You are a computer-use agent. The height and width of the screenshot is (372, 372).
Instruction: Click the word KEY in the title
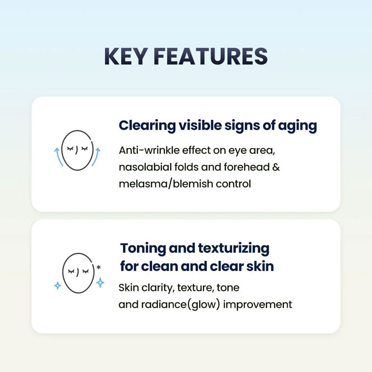click(125, 56)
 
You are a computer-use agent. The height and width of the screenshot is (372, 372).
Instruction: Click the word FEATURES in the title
click(211, 56)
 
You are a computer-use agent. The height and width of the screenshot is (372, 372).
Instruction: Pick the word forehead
click(246, 167)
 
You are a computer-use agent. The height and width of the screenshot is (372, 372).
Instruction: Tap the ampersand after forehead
click(276, 167)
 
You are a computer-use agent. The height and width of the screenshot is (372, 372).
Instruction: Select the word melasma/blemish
click(166, 184)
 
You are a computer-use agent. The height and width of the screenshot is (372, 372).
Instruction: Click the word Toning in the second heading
click(143, 249)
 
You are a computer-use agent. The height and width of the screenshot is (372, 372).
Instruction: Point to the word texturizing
click(234, 249)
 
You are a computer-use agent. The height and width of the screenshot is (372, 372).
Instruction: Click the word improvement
click(258, 305)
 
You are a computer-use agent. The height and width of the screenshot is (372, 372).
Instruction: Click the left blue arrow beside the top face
click(59, 157)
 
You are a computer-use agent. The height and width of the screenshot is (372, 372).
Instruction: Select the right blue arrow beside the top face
click(96, 157)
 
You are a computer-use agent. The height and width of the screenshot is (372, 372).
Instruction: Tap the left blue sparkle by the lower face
click(58, 286)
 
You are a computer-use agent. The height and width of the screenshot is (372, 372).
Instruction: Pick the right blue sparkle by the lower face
click(100, 283)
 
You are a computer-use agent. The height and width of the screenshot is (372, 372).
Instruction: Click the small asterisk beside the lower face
click(99, 267)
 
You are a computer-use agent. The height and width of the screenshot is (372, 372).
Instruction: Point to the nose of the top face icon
click(76, 150)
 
